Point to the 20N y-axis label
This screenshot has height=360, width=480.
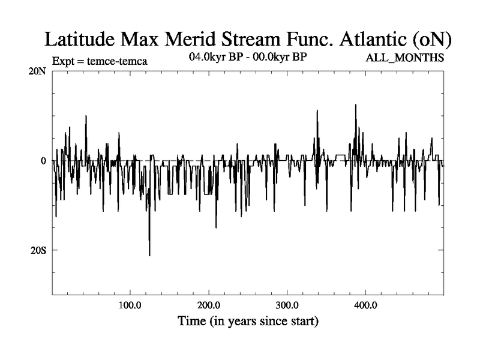(38, 71)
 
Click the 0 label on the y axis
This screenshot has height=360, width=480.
(43, 160)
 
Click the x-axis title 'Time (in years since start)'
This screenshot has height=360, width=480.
(248, 322)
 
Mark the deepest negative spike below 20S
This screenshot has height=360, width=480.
(149, 255)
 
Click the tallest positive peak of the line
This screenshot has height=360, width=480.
(356, 105)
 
